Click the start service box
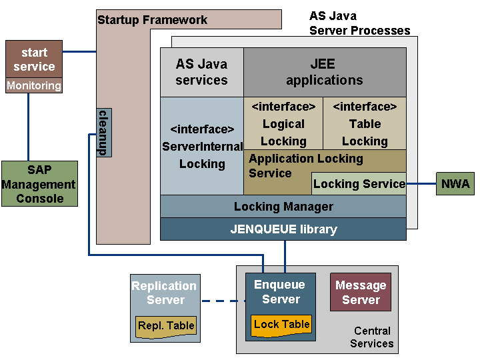(34, 59)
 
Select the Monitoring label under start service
(34, 86)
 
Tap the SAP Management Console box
(40, 184)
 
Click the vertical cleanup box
(103, 132)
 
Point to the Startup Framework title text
(152, 20)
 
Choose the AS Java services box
(201, 72)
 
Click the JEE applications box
(325, 72)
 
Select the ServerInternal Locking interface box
(202, 146)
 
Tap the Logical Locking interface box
(283, 123)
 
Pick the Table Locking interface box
(365, 123)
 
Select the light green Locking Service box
(359, 184)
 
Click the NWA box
(455, 183)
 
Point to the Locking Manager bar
(283, 207)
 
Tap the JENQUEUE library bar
(283, 229)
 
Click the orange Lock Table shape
(281, 325)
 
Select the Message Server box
(361, 292)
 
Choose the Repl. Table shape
(166, 326)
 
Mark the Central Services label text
(372, 337)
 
